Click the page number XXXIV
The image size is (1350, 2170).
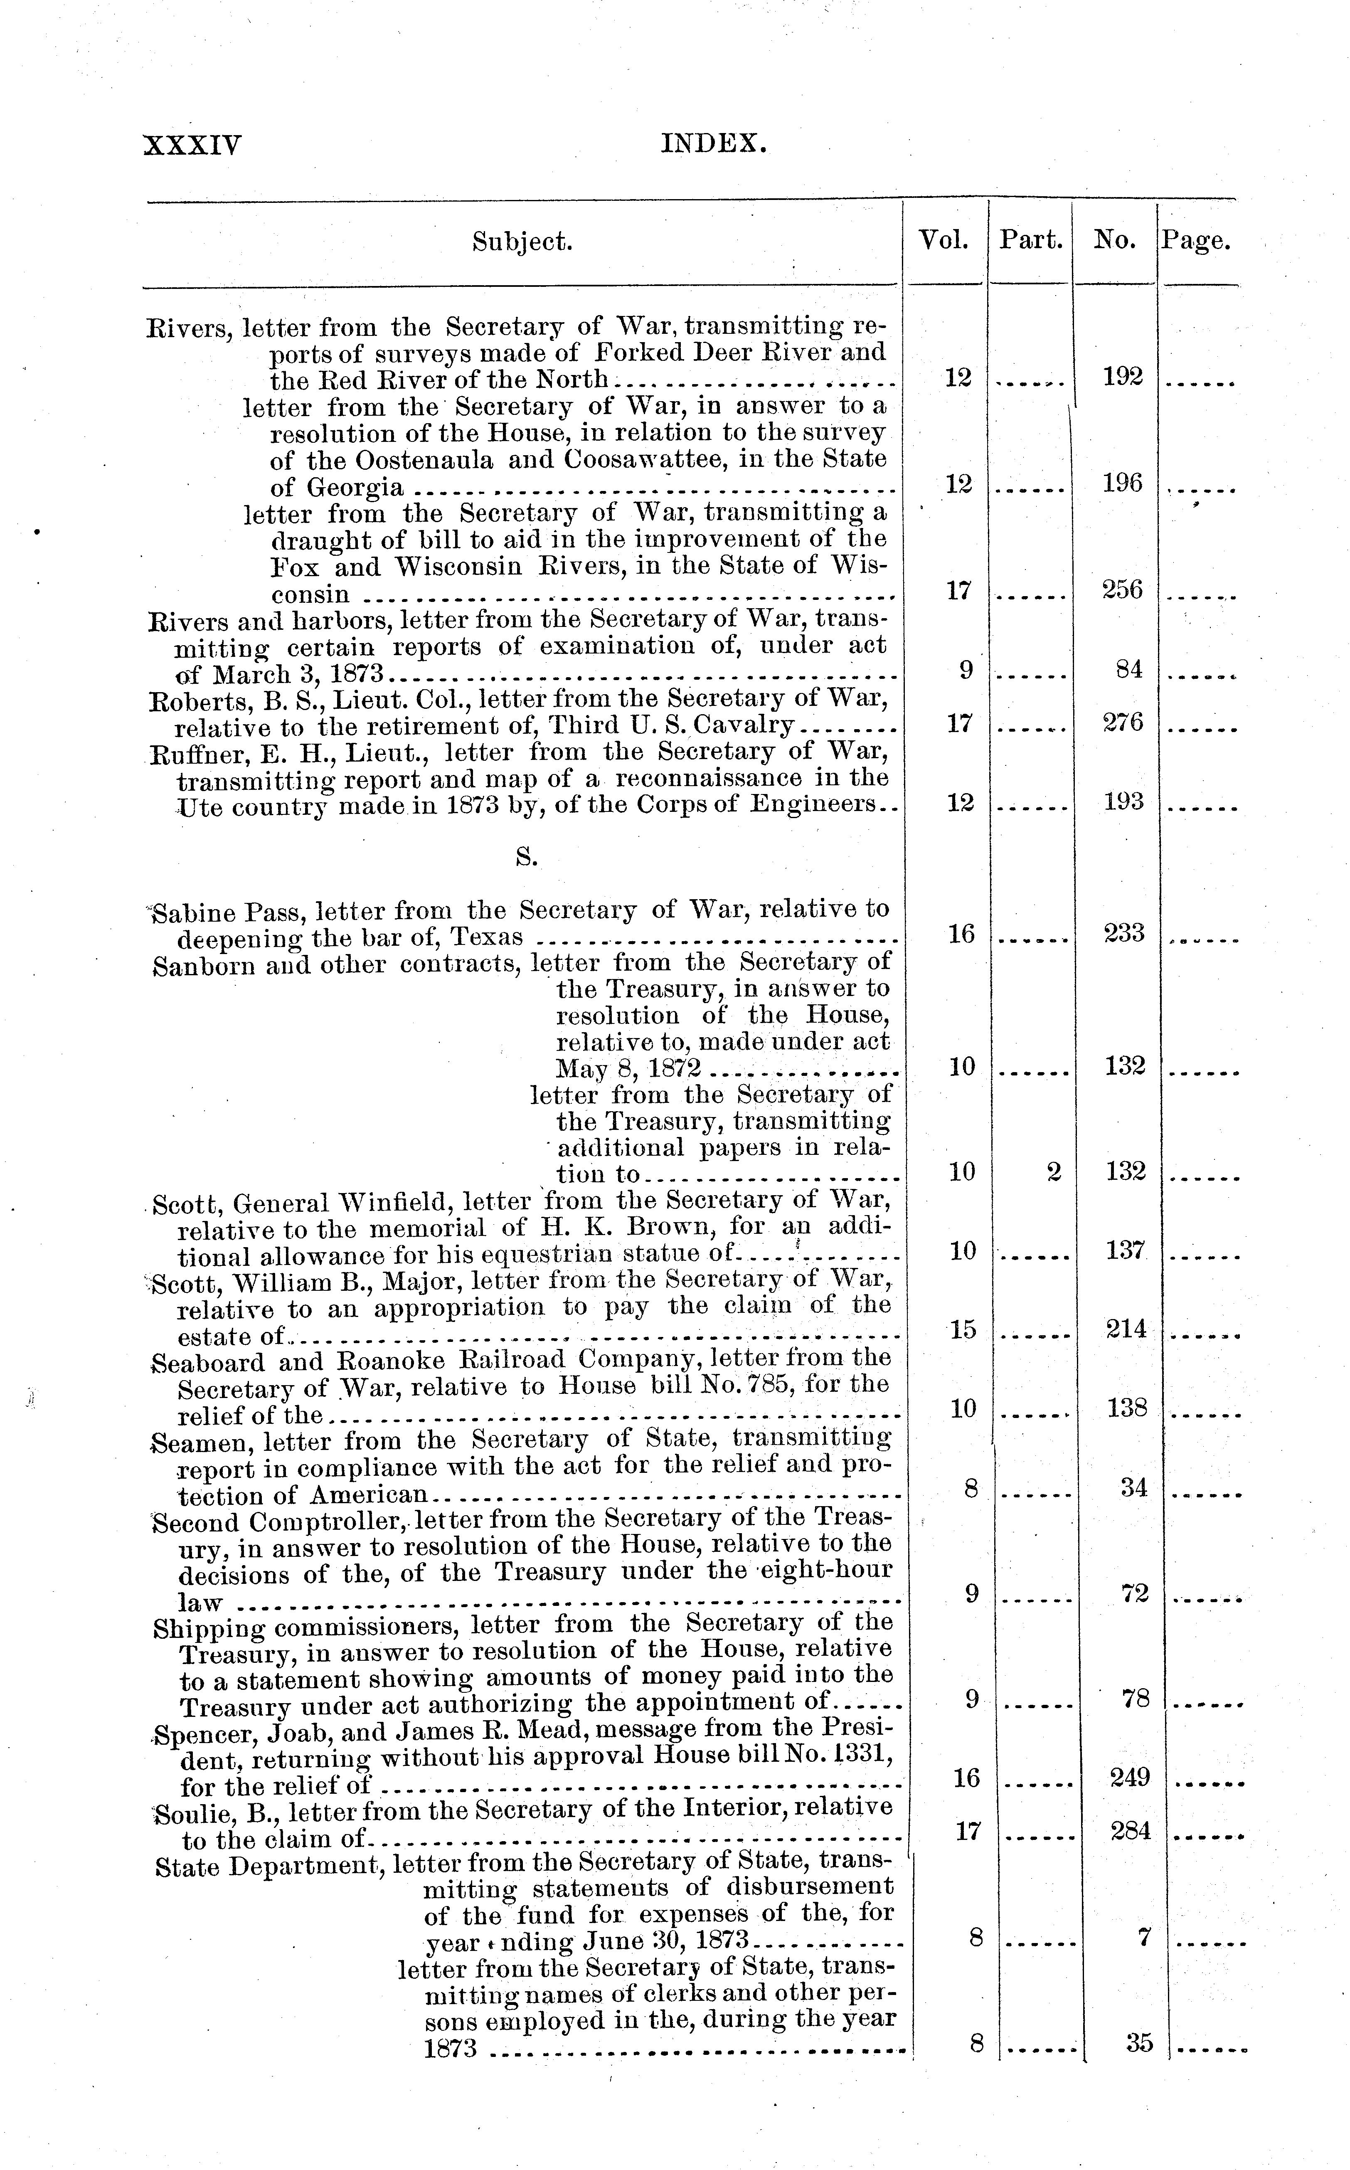(192, 145)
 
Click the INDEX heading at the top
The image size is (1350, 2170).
(713, 143)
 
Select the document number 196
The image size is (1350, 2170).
(1122, 483)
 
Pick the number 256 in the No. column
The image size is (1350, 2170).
(1122, 589)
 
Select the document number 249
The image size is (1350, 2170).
(1129, 1777)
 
